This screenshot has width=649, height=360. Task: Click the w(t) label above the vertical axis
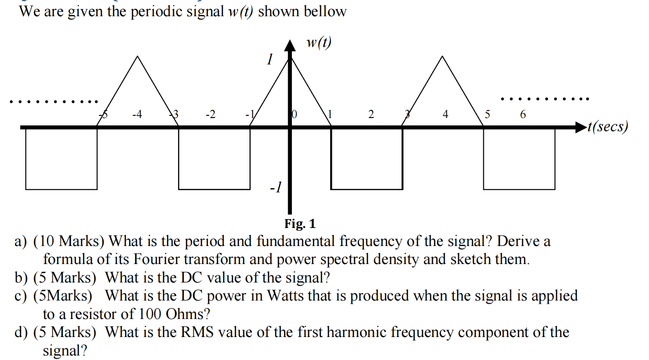[x=318, y=43]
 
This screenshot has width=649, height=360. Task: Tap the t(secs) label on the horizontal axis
[x=608, y=127]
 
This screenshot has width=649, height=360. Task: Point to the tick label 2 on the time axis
[x=371, y=115]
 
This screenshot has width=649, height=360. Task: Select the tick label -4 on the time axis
[x=137, y=115]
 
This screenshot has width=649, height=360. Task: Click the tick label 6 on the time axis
[x=522, y=115]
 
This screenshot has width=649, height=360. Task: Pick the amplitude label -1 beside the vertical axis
[x=275, y=186]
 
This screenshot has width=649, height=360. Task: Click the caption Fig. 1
[x=300, y=223]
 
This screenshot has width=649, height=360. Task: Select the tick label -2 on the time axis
[x=210, y=115]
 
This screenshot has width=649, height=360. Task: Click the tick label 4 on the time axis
[x=445, y=115]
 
